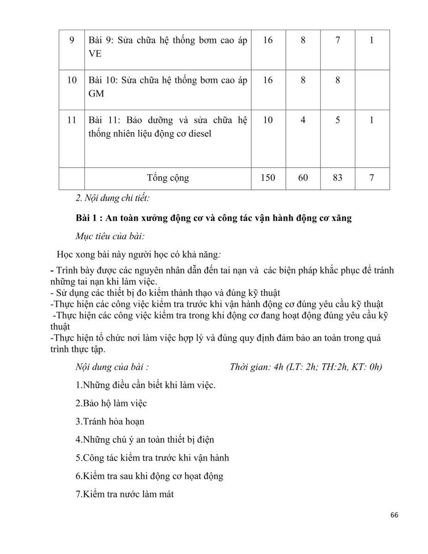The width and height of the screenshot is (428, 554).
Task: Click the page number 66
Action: click(x=394, y=515)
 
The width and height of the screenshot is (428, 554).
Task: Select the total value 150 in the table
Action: click(x=268, y=177)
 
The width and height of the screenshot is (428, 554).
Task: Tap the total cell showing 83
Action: click(x=338, y=177)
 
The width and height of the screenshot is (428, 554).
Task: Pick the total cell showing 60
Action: click(x=303, y=177)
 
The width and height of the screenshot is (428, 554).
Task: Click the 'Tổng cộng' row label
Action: click(x=168, y=178)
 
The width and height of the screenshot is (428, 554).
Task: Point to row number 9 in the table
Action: click(x=72, y=40)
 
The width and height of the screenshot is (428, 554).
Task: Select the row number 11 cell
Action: click(x=72, y=120)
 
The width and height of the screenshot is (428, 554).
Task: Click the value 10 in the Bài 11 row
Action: click(x=268, y=120)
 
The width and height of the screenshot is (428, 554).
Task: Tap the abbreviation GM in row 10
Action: click(x=96, y=94)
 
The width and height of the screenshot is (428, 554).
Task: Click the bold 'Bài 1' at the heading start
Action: click(x=86, y=218)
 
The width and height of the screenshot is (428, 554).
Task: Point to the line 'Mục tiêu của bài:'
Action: click(x=110, y=237)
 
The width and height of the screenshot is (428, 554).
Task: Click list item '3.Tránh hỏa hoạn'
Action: click(x=110, y=421)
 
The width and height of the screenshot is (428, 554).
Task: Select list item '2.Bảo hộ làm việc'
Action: click(x=111, y=403)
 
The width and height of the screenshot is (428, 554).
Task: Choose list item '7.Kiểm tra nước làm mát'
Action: click(x=124, y=494)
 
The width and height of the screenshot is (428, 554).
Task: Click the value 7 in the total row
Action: click(x=372, y=177)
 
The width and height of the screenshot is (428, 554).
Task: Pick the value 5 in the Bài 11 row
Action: click(x=338, y=120)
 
